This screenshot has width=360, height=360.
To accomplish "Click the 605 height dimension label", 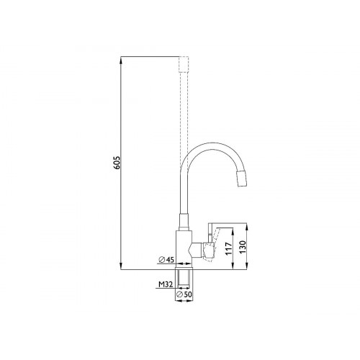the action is [x=117, y=163].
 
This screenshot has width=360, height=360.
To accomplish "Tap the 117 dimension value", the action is [x=229, y=248].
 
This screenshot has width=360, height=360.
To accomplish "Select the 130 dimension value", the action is [x=243, y=247].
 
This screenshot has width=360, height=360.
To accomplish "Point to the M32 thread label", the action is [x=166, y=284].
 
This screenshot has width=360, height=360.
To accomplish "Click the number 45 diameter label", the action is [x=170, y=259].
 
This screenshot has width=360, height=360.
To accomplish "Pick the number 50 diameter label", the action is [x=188, y=294].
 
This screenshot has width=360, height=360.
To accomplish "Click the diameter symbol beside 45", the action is [x=162, y=260].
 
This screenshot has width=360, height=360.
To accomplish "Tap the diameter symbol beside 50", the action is [x=179, y=294].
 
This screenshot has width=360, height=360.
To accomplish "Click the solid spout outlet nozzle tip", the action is [x=242, y=179].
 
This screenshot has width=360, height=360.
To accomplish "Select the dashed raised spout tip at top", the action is [x=184, y=64].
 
